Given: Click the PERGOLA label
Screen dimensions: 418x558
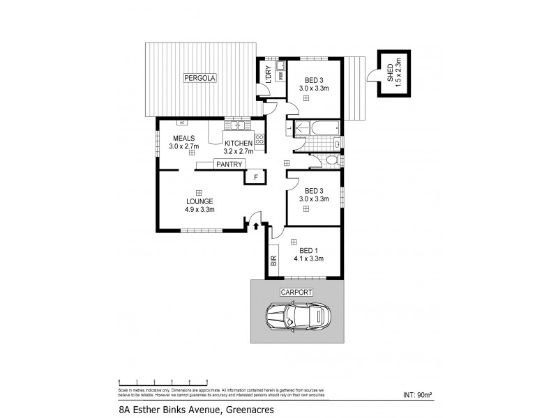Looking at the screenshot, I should (x=200, y=78).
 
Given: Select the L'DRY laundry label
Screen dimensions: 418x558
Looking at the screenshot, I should (x=267, y=73).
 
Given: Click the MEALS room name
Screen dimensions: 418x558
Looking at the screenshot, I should (x=185, y=138).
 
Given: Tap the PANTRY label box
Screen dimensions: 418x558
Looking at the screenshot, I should (x=229, y=164).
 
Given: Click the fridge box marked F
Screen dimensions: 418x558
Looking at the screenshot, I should (x=255, y=177).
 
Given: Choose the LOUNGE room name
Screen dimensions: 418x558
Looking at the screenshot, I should (x=199, y=201).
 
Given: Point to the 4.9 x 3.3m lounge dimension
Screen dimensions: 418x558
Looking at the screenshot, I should (x=199, y=209).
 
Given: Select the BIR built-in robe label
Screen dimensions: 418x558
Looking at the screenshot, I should (x=273, y=261).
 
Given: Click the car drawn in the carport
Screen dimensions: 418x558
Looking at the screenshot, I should (x=299, y=318).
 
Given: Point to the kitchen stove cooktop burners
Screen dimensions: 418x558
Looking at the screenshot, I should (x=259, y=139).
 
